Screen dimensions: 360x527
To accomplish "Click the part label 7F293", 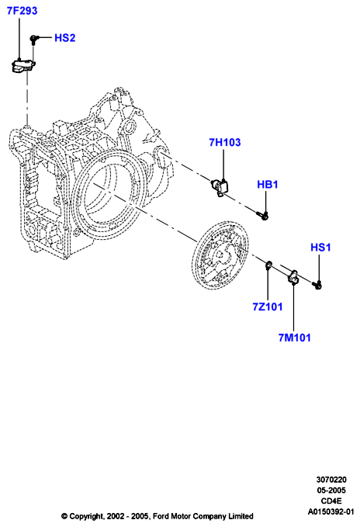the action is pyautogui.click(x=22, y=11).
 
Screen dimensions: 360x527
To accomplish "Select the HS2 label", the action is pyautogui.click(x=65, y=38).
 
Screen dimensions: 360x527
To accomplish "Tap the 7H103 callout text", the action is pyautogui.click(x=225, y=142).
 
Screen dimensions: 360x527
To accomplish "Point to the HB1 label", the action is pyautogui.click(x=268, y=184).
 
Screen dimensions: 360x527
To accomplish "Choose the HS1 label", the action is pyautogui.click(x=320, y=248).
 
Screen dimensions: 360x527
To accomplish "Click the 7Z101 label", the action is pyautogui.click(x=268, y=307).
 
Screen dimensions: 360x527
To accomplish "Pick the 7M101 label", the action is pyautogui.click(x=295, y=338).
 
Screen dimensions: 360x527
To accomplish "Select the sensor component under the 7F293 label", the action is pyautogui.click(x=22, y=65).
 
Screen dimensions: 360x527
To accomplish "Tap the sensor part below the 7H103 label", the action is pyautogui.click(x=220, y=186).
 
